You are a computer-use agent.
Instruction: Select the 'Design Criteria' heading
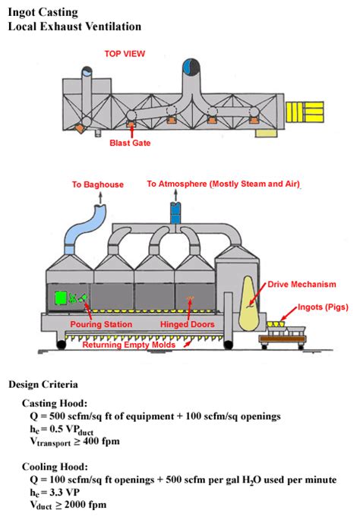click(x=43, y=384)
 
